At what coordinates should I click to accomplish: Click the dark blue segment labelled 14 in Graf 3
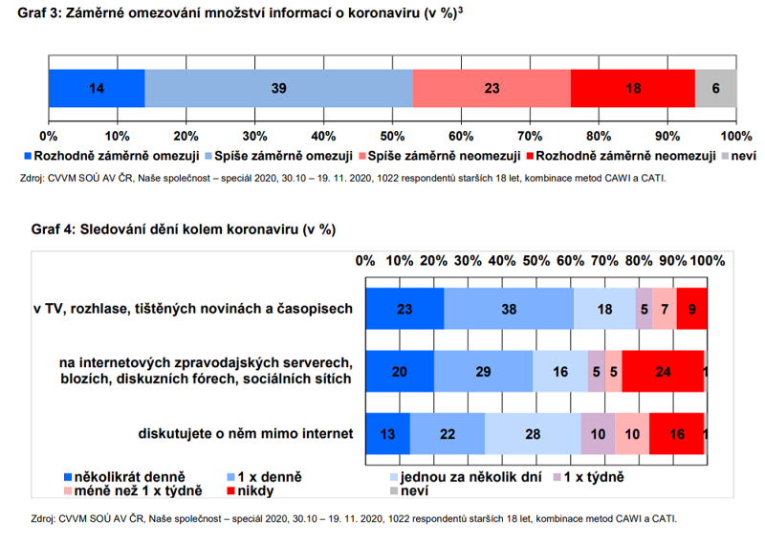97,88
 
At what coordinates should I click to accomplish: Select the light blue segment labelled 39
278,88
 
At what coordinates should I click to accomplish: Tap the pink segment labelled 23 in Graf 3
492,88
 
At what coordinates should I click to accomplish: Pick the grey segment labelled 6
715,88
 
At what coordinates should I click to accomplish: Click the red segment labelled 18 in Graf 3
632,88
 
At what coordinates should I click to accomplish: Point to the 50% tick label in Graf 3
393,135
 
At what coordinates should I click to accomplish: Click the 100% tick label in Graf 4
708,260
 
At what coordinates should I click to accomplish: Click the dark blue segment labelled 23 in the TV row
404,308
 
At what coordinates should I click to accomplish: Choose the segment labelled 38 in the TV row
509,308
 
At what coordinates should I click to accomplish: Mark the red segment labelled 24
662,371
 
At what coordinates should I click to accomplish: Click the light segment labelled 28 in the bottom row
533,433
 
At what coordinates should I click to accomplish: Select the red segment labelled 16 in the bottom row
676,433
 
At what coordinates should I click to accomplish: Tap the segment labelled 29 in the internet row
483,371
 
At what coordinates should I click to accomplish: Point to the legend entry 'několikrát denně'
124,475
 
